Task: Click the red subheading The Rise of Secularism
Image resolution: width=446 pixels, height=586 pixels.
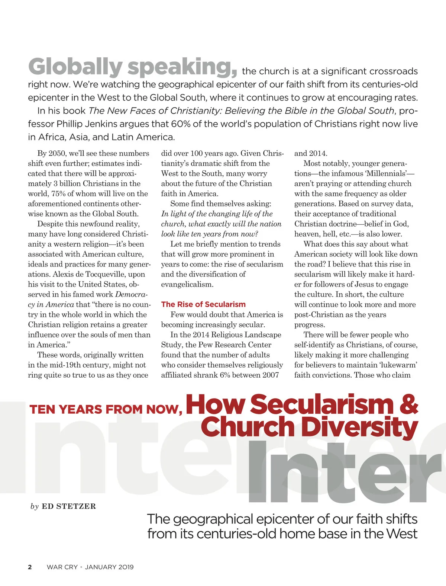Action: coord(203,304)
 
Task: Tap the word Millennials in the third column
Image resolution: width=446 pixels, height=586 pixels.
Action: coord(387,173)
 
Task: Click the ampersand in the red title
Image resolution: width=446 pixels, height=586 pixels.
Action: coord(408,404)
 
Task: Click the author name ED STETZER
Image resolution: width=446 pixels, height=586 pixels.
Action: coord(69,506)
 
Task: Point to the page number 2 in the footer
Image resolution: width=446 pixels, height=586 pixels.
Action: coord(30,567)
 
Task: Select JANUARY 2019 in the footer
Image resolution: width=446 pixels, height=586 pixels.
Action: coord(109,567)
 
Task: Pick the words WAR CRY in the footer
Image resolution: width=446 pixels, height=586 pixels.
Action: coord(62,567)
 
